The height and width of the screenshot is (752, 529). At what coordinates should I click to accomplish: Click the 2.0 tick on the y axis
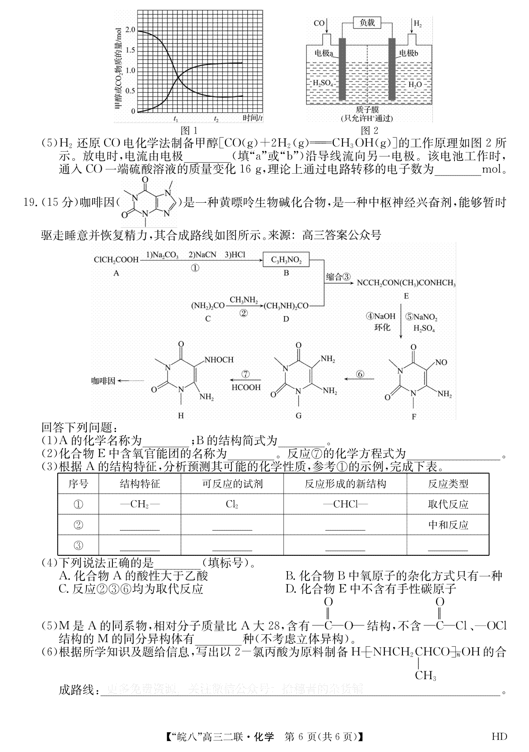pos(130,30)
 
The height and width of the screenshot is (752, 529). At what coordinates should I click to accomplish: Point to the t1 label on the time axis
pos(175,119)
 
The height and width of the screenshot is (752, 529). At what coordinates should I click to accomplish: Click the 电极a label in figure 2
pos(324,53)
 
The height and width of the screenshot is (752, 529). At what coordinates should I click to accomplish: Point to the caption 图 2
pos(369,130)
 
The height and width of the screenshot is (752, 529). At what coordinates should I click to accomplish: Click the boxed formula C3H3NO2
pos(286,260)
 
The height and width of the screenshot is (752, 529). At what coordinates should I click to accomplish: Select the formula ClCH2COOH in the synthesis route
pos(116,260)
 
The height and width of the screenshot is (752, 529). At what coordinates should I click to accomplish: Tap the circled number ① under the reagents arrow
pos(195,268)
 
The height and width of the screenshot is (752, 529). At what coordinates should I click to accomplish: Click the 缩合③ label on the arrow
pos(338,277)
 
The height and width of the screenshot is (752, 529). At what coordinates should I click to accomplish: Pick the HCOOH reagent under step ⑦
pos(246,387)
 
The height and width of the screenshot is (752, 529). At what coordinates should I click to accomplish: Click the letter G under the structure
pos(298,415)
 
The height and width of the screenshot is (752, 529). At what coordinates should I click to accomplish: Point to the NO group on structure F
pos(441,362)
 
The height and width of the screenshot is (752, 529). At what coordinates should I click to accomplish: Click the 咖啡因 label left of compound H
pos(103,381)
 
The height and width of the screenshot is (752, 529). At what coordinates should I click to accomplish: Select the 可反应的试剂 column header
pos(232,484)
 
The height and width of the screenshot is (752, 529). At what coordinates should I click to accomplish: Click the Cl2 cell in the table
pos(232,504)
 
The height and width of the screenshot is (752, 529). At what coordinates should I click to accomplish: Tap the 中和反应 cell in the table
pos(448,525)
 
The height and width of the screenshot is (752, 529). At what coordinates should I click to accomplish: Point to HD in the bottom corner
pos(499,737)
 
